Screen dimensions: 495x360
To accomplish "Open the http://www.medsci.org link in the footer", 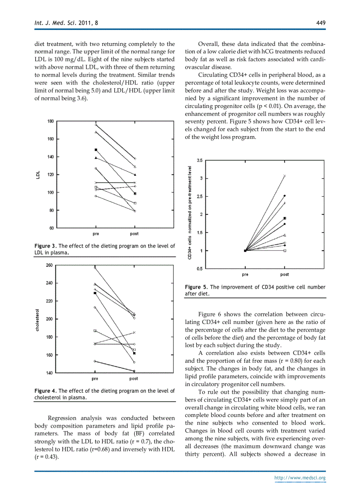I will click(x=300, y=477).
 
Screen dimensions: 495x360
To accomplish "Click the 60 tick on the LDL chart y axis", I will click(x=52, y=228).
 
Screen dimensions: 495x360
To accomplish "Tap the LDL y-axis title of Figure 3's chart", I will click(x=38, y=175).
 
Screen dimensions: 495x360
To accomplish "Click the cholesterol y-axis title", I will click(x=37, y=319).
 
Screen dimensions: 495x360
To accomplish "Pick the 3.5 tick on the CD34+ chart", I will click(x=199, y=160).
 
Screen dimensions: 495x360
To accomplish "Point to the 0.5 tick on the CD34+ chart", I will click(x=199, y=268).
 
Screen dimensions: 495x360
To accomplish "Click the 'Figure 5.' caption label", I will click(x=196, y=287).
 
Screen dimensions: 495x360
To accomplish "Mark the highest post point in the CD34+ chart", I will click(x=285, y=176).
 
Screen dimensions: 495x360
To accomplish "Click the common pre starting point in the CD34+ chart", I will click(x=245, y=250).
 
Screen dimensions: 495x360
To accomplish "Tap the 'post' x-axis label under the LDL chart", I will click(x=134, y=234).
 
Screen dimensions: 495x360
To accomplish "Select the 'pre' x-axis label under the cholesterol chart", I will click(x=95, y=379).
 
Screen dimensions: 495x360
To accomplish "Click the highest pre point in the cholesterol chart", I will click(x=95, y=267).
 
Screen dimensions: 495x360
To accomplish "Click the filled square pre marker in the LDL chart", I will click(x=96, y=150).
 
